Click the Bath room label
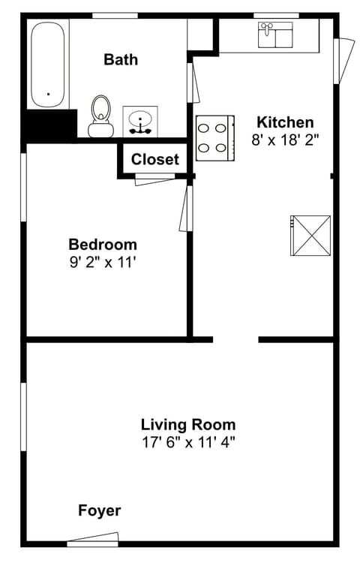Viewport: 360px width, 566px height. point(121,59)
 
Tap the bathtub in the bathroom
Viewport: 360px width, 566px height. point(49,64)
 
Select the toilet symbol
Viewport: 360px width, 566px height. point(99,118)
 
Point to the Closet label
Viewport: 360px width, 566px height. point(155,159)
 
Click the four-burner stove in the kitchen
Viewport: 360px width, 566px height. point(214,138)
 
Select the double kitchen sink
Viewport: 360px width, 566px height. point(276,35)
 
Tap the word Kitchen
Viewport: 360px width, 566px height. point(285,122)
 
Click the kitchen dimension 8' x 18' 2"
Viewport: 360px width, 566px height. point(285,140)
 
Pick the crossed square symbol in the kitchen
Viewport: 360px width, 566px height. point(310,233)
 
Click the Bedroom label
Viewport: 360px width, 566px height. point(103,244)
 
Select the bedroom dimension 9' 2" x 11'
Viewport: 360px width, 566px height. point(103,262)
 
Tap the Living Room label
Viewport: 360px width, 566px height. point(188,424)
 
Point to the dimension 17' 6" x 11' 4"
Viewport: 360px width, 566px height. point(188,442)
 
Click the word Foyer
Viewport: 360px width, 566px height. point(100,510)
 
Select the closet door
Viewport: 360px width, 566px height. point(154,178)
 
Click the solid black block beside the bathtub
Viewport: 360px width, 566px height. point(49,125)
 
